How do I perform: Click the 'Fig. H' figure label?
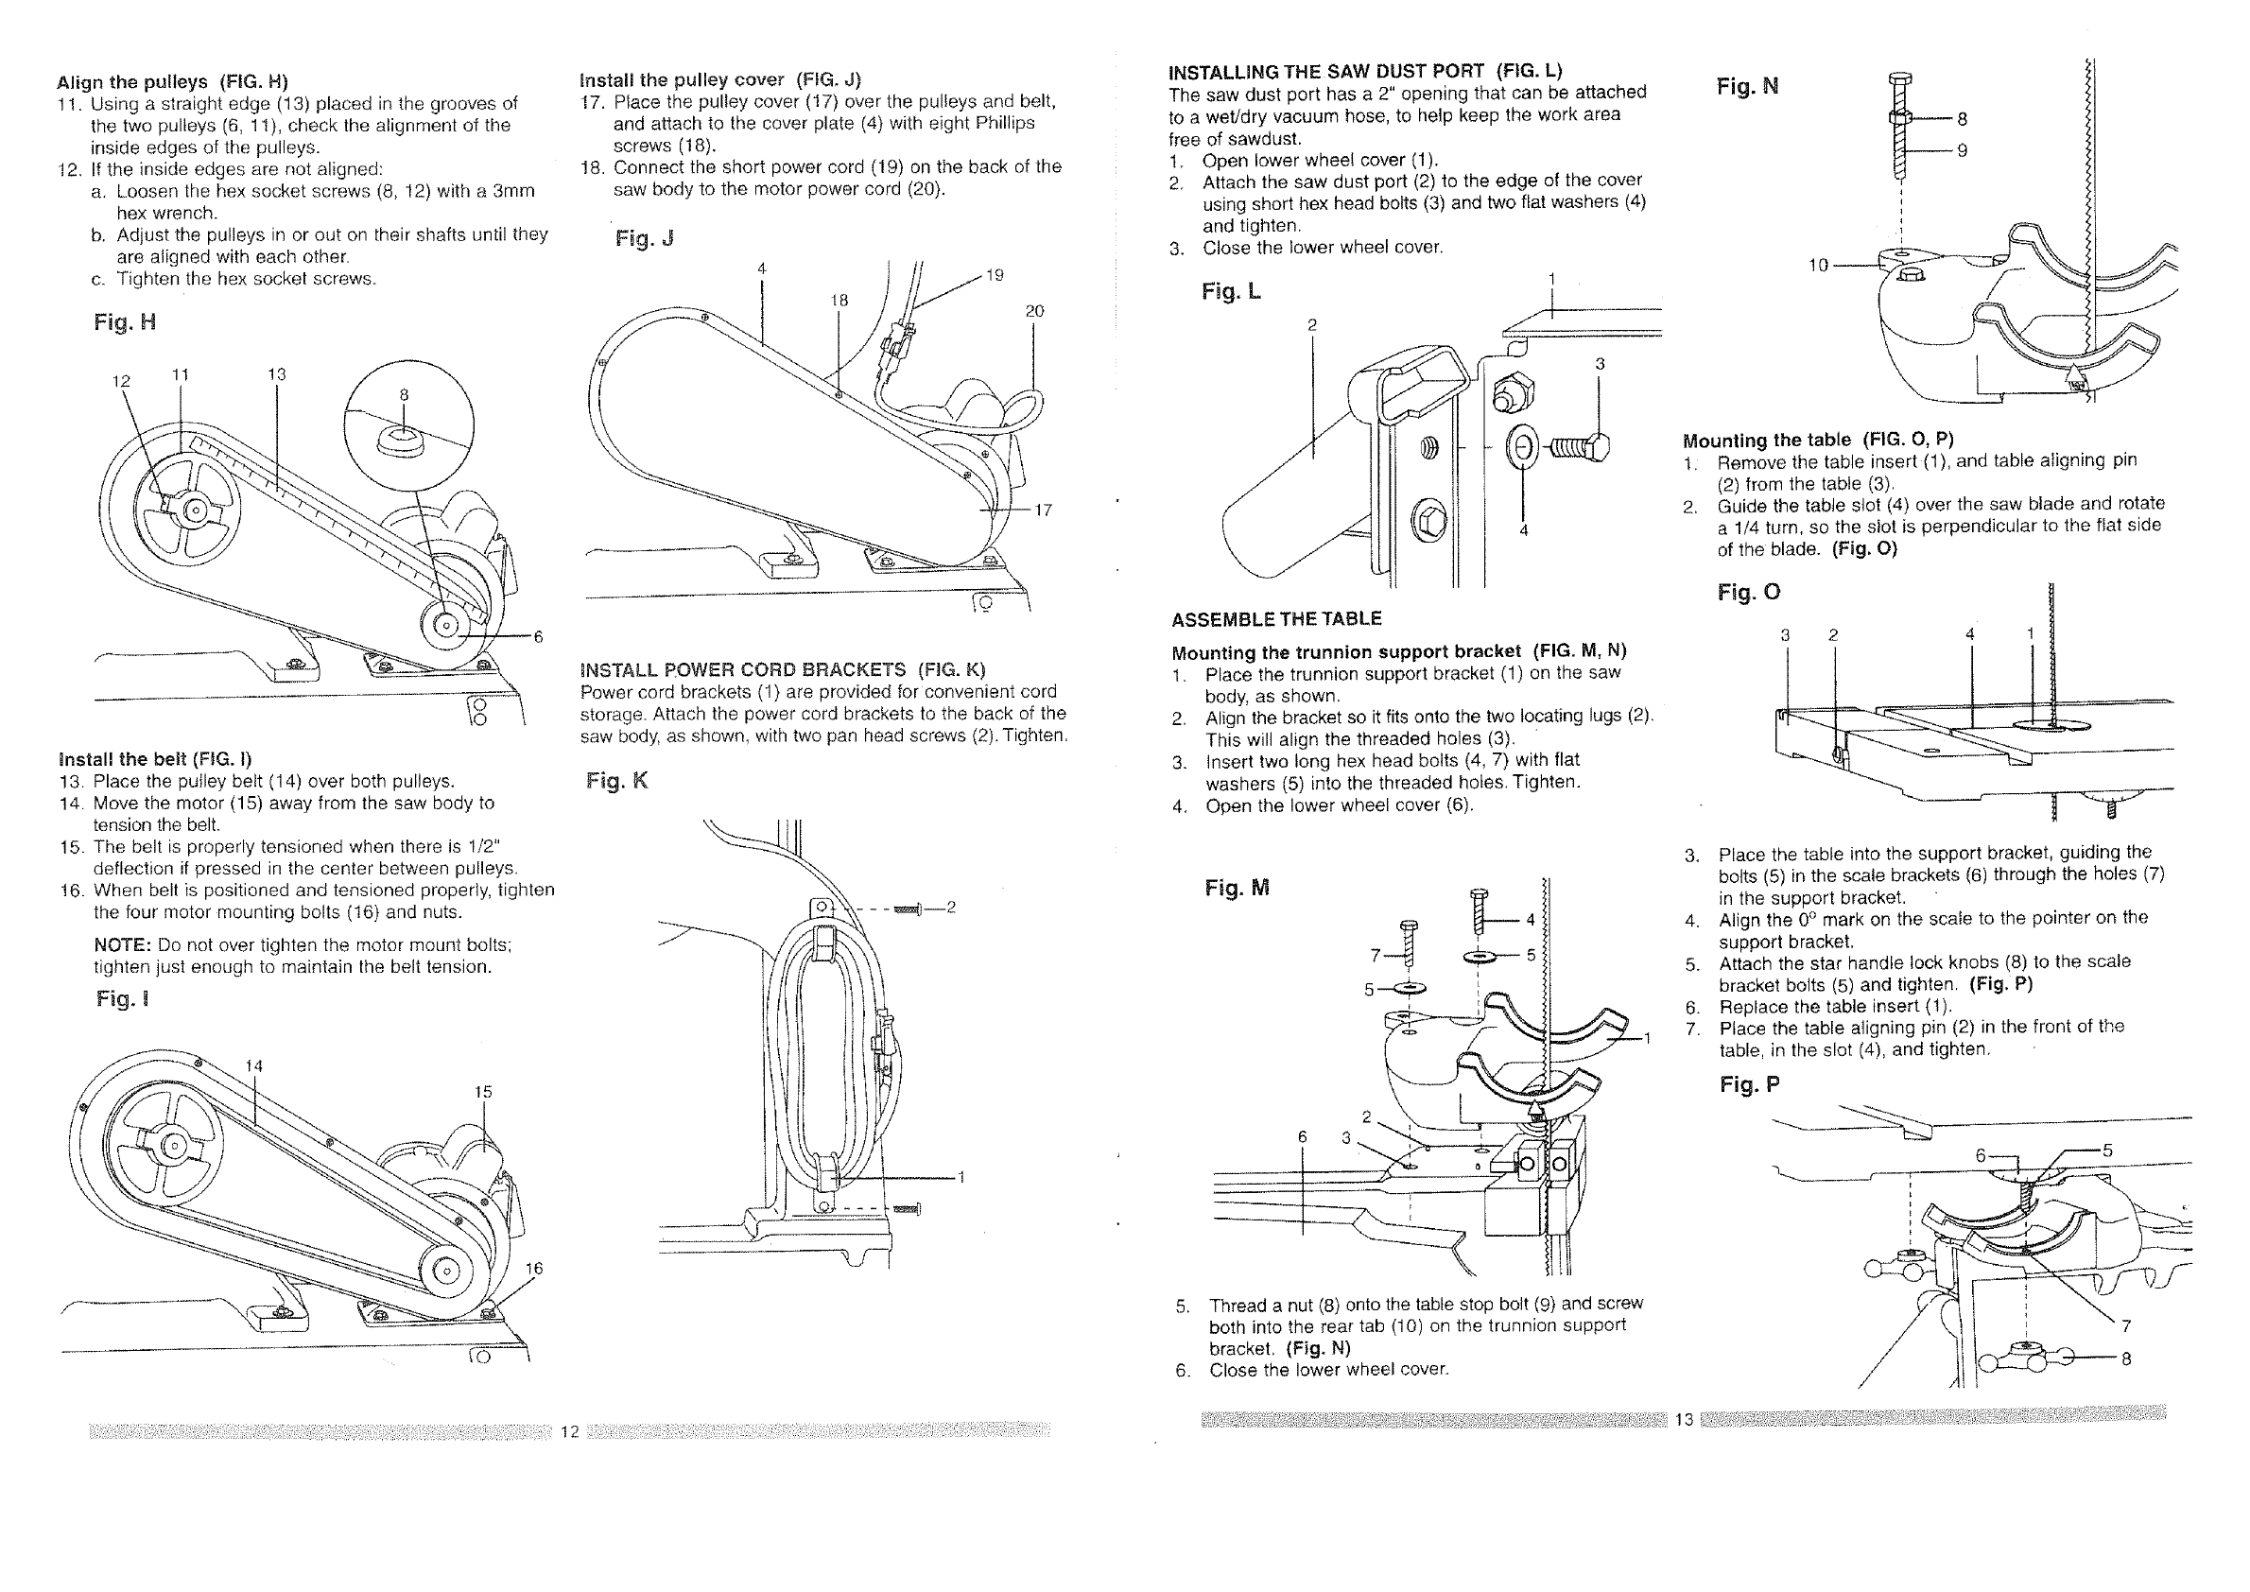tap(125, 322)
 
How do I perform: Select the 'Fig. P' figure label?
tap(1749, 1084)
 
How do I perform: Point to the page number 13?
tap(1684, 1419)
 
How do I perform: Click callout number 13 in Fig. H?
tap(276, 374)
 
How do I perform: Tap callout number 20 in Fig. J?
tap(1034, 312)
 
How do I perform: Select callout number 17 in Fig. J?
tap(1042, 510)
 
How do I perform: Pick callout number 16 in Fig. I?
tap(533, 1269)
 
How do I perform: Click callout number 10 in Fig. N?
tap(1819, 265)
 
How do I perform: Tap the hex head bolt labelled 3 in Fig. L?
tap(1578, 449)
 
